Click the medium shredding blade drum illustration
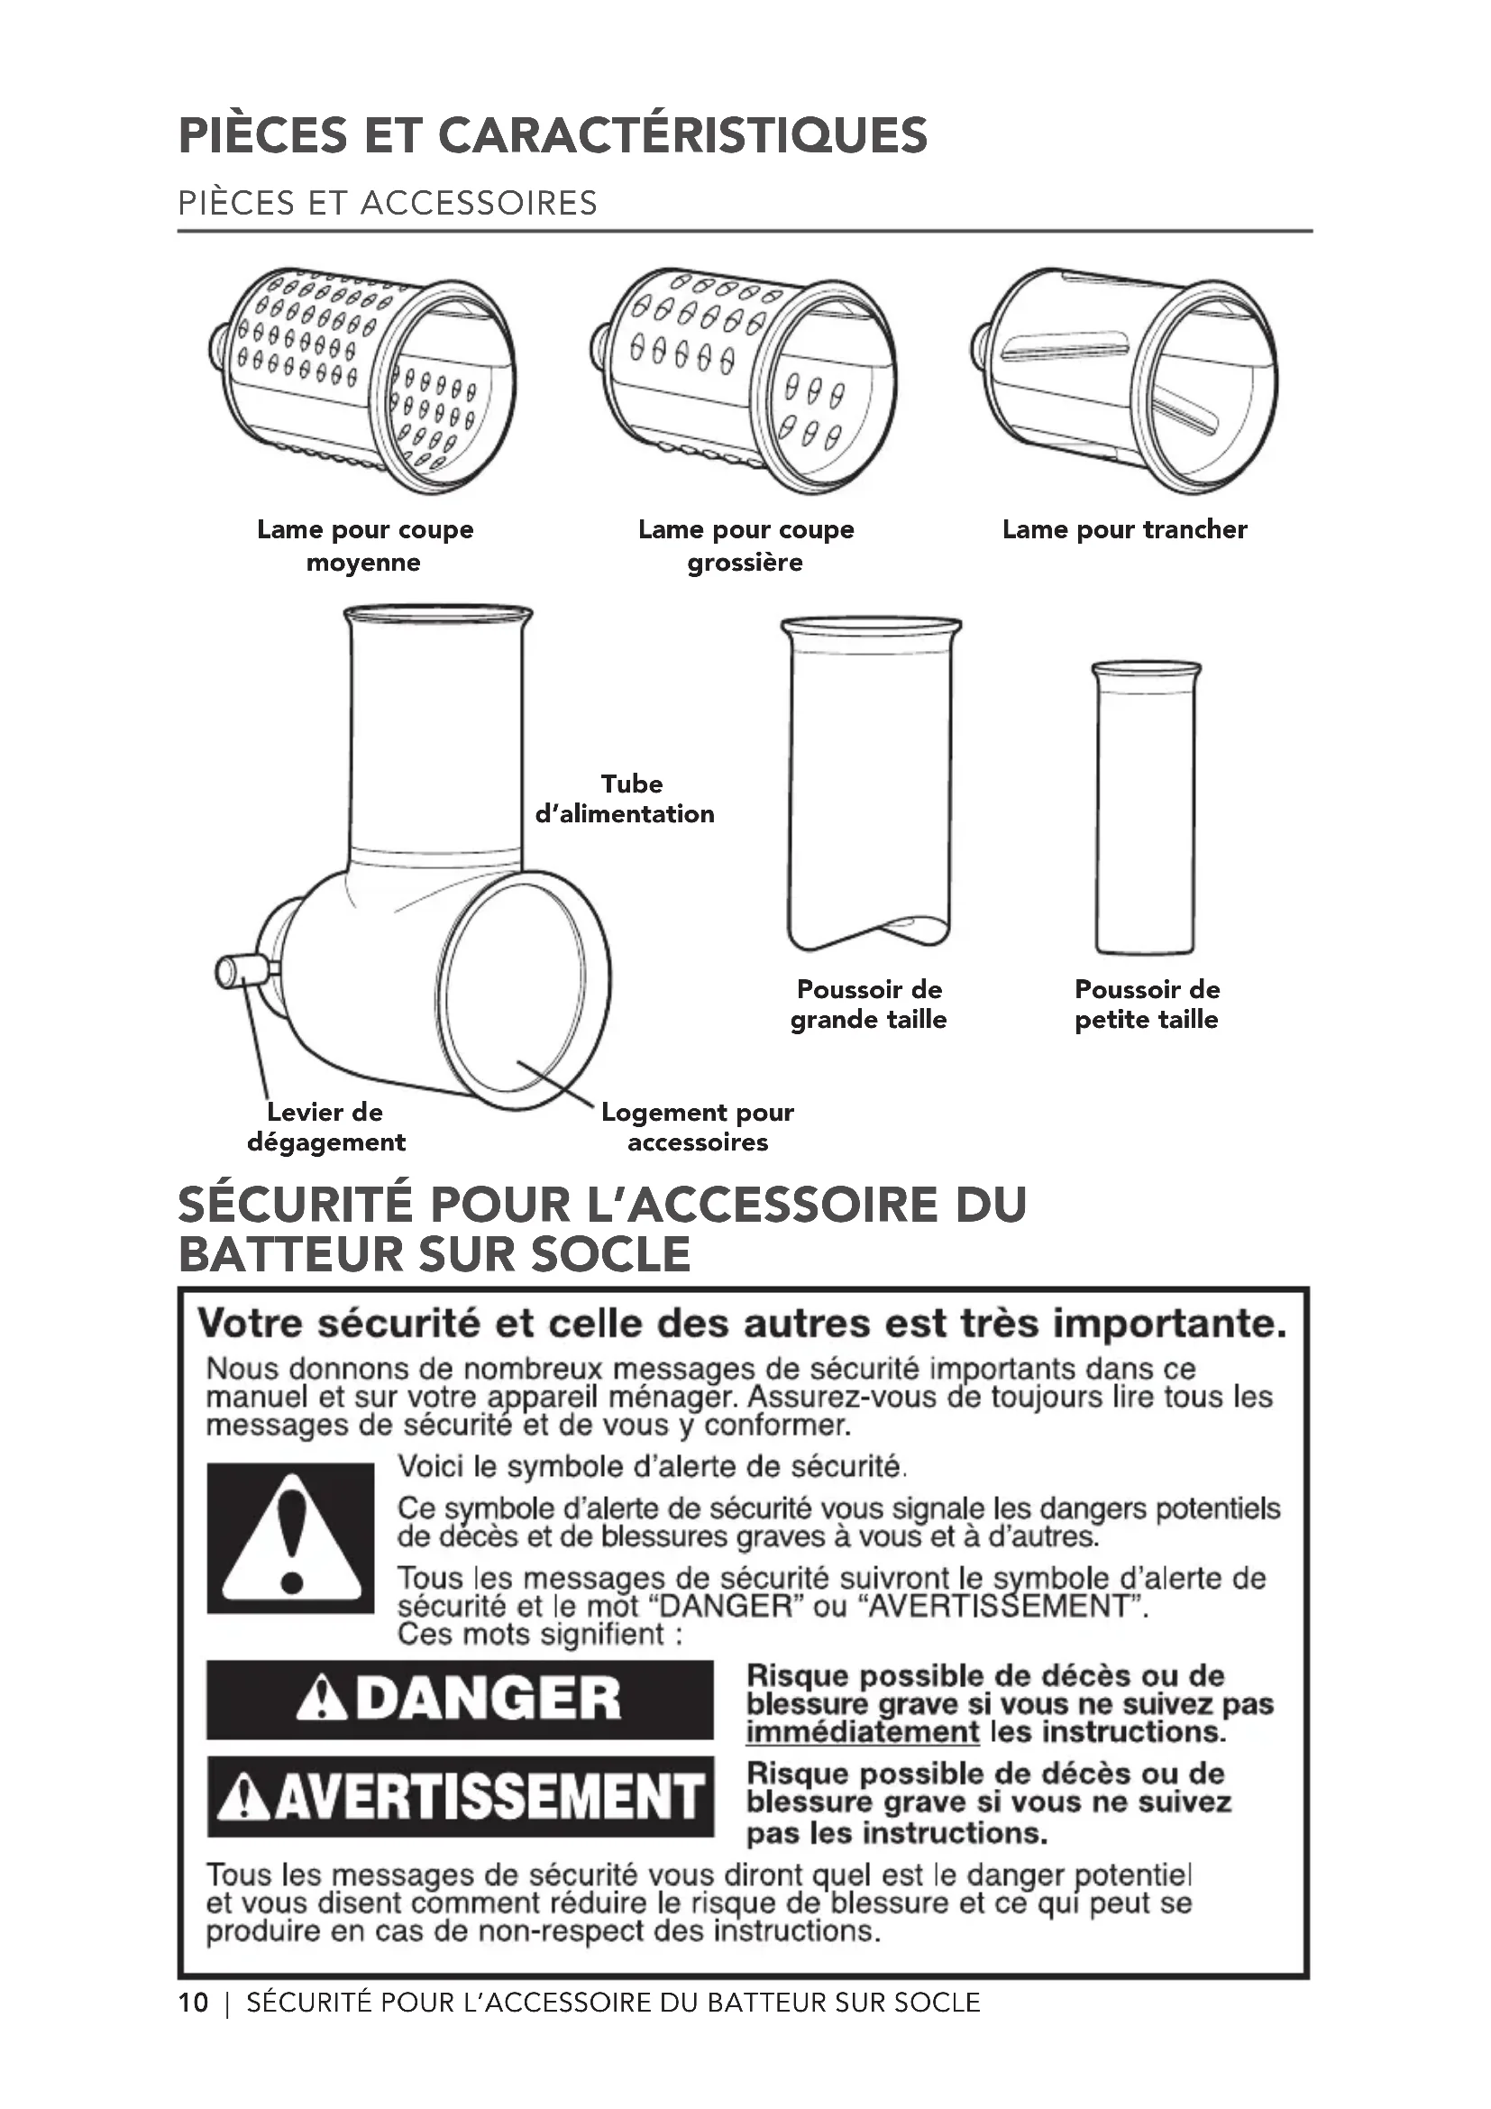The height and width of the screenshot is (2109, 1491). (362, 381)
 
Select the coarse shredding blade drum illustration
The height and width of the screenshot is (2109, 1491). (744, 381)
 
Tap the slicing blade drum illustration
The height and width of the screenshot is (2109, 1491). (1125, 381)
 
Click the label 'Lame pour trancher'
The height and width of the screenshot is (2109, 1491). (1125, 529)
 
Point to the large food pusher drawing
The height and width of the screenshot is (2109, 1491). (871, 784)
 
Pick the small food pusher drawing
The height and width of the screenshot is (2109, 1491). (1146, 808)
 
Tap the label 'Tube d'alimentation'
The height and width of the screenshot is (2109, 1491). (626, 798)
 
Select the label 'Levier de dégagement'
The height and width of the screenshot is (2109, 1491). (326, 1127)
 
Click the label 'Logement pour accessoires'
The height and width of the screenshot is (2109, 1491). (698, 1127)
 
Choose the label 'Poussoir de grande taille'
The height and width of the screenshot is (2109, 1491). (868, 1004)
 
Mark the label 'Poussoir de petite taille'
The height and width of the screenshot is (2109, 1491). (1147, 1004)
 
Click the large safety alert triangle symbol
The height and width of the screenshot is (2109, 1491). (291, 1538)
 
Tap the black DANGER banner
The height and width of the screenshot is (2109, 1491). (460, 1700)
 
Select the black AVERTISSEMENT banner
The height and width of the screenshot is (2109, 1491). (460, 1797)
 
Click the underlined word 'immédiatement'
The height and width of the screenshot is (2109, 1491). (863, 1731)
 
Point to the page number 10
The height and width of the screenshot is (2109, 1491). (194, 2003)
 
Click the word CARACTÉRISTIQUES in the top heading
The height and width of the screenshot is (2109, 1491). (682, 135)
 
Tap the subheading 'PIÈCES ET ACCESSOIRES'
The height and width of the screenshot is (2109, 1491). (388, 203)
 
